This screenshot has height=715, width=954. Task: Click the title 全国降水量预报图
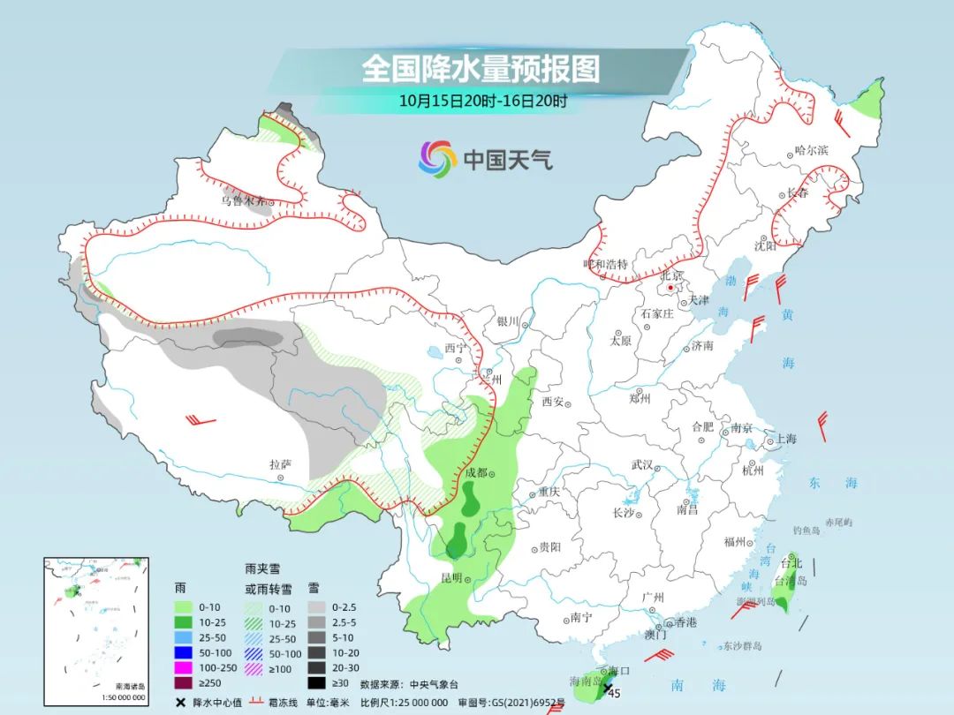[481, 69]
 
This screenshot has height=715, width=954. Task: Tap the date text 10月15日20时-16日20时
[482, 101]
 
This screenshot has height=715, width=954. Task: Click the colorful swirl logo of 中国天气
[437, 159]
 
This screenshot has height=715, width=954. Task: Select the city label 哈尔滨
[811, 151]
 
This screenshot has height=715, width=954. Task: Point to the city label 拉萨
[280, 463]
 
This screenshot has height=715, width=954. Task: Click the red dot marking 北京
[671, 288]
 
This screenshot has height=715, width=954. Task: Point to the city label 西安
[552, 402]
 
